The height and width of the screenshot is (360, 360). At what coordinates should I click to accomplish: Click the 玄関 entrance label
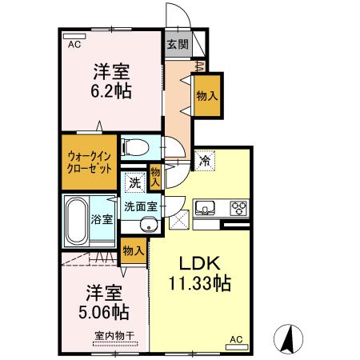177,44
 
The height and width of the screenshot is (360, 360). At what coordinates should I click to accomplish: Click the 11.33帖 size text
198,283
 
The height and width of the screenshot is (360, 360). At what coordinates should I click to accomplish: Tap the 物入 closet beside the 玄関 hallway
206,94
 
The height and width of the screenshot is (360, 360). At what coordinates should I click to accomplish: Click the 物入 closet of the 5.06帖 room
133,251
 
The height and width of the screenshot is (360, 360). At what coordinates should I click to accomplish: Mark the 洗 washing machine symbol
135,182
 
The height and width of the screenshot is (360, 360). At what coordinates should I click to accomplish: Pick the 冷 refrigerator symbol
205,159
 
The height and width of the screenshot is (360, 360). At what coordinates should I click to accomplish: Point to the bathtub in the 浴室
77,218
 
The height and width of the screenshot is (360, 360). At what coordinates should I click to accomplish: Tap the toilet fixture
136,147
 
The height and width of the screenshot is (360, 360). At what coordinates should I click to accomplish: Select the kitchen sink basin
204,209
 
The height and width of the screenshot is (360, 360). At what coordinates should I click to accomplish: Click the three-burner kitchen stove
238,209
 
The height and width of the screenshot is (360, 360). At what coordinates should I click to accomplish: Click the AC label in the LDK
236,339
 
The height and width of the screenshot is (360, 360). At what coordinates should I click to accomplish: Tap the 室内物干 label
112,335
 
